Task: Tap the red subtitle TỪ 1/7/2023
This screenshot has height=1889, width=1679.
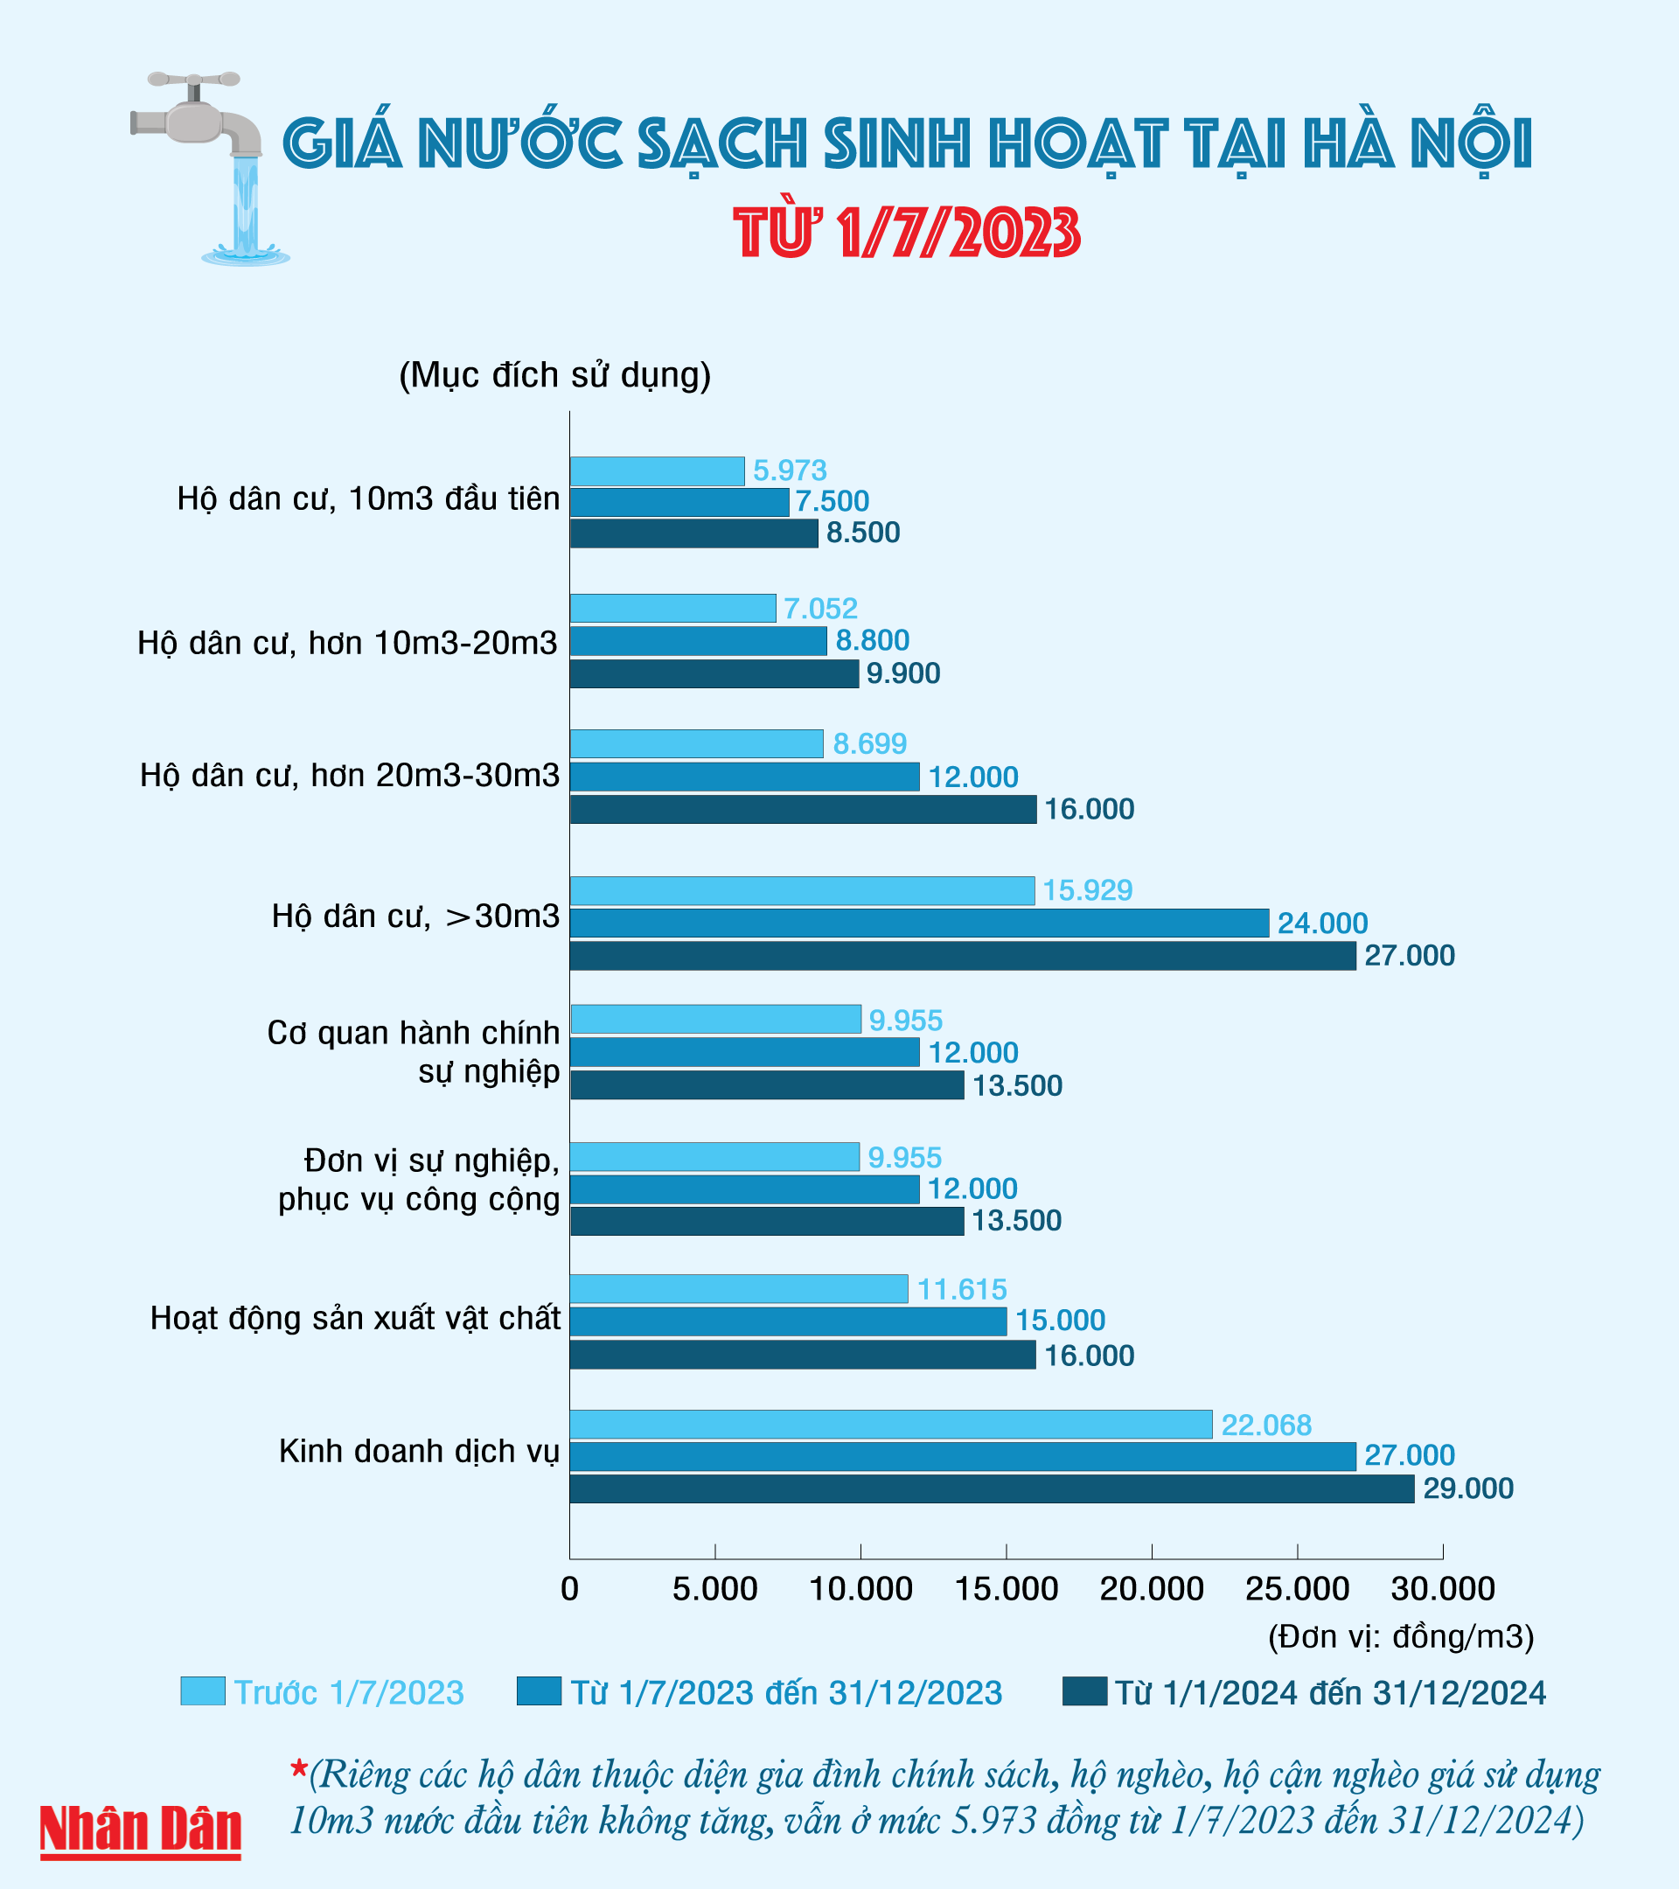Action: point(907,232)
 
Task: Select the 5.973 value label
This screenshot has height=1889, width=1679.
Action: point(789,471)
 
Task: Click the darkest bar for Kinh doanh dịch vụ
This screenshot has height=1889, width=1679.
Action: point(991,1488)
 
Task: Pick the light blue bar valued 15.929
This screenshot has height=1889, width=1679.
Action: point(801,890)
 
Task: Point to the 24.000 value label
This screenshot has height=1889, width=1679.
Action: point(1322,924)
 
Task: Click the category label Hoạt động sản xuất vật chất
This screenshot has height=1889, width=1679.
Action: point(355,1318)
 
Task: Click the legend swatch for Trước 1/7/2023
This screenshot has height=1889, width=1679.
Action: point(202,1692)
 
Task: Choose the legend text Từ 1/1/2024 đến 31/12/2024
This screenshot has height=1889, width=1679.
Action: point(1330,1693)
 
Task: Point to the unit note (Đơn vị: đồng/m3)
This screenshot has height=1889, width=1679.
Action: point(1401,1637)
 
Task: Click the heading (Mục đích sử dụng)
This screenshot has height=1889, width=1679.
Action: point(554,375)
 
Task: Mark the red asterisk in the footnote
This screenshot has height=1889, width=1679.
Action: point(298,1770)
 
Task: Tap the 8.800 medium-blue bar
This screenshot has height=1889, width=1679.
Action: point(698,640)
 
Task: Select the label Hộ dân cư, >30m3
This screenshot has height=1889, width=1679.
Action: point(416,916)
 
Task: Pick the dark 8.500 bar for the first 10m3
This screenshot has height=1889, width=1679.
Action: point(693,533)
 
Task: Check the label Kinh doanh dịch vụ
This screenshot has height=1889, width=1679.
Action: point(420,1451)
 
